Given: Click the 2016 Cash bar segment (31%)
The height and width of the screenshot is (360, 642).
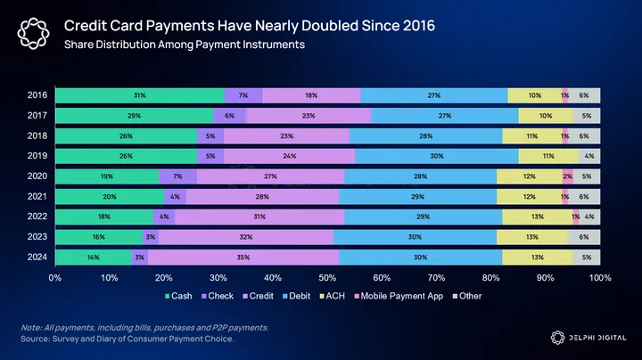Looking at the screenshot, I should click(139, 95).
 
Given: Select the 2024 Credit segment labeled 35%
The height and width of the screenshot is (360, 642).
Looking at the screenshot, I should click(243, 258).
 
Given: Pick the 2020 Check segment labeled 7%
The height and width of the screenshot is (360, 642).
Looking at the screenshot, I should click(177, 176).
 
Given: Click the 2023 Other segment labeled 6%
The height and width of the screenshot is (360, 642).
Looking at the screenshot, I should click(583, 237).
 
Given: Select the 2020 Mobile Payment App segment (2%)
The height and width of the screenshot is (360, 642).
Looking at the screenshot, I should click(567, 176).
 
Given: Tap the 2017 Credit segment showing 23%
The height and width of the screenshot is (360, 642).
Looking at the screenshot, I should click(309, 116).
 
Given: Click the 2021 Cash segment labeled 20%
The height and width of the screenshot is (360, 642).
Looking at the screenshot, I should click(109, 197).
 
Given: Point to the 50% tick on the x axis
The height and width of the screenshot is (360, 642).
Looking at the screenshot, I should click(327, 278).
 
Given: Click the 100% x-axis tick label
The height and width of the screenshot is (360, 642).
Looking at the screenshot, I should click(599, 278).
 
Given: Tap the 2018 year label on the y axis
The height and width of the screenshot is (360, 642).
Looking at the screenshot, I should click(37, 136).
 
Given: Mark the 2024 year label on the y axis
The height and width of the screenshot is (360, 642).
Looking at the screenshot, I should click(37, 258).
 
